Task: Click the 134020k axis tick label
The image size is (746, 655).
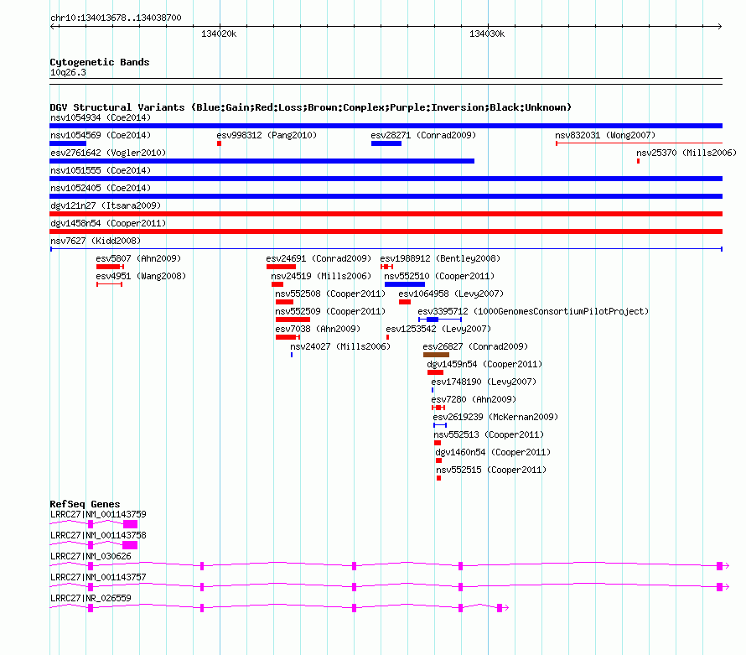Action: click(219, 34)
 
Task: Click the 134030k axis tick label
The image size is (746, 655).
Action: click(487, 34)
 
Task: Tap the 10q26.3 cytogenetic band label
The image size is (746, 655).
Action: click(68, 72)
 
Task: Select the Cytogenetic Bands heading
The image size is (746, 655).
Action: click(100, 62)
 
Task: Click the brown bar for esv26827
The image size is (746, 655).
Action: click(436, 355)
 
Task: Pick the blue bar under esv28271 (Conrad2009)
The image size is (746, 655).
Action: click(386, 143)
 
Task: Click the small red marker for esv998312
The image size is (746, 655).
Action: click(220, 143)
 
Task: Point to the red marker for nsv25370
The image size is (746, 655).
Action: click(638, 161)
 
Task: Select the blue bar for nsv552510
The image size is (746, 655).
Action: click(405, 284)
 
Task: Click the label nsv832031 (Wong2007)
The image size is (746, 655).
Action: click(605, 135)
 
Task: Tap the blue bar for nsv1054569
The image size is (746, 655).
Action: click(68, 143)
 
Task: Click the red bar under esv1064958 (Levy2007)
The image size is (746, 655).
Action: click(405, 302)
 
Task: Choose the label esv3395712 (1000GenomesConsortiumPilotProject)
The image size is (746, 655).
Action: click(533, 311)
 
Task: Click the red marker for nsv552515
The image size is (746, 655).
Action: click(438, 478)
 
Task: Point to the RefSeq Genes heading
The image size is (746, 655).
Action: click(85, 504)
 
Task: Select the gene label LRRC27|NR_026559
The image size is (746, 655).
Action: click(91, 598)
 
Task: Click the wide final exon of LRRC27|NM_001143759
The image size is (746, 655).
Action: click(131, 524)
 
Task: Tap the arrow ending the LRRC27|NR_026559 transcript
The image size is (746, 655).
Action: click(506, 608)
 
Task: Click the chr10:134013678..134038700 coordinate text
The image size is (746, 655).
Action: click(116, 18)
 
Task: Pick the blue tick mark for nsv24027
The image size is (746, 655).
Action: click(292, 355)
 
